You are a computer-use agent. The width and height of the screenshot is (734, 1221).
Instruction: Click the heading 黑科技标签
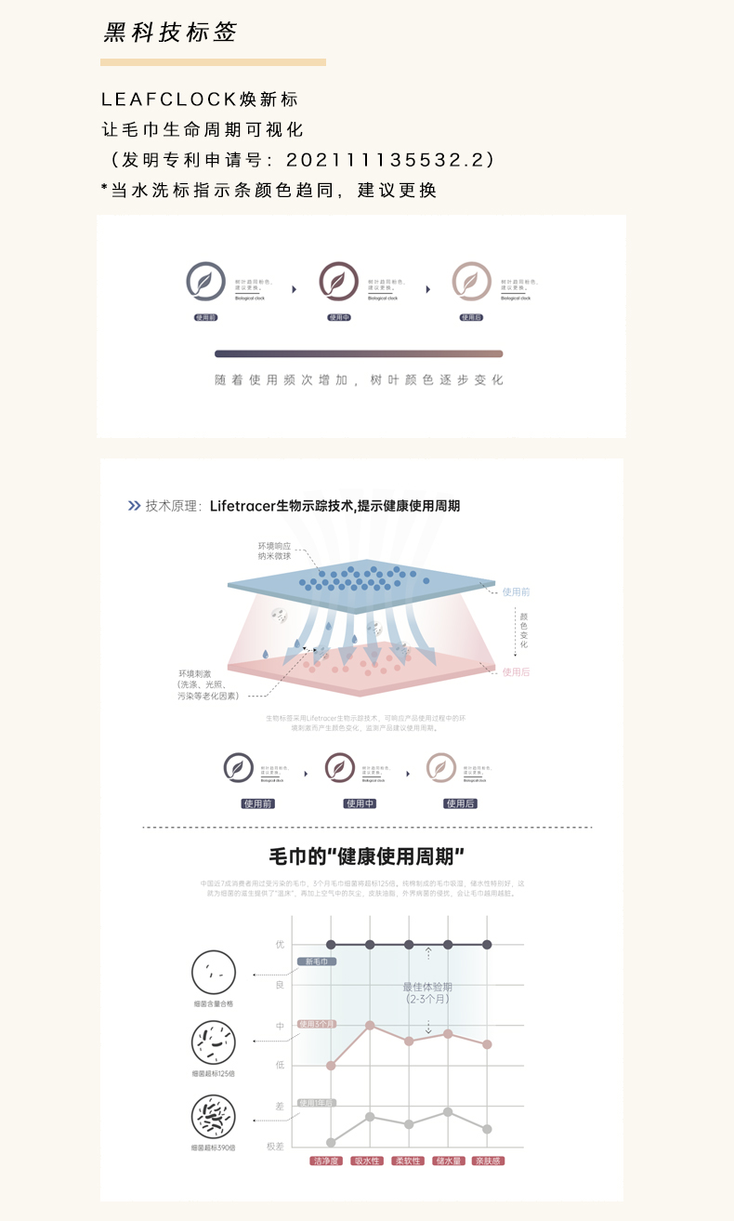click(170, 33)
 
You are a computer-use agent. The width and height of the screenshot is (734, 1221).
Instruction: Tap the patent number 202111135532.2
click(386, 159)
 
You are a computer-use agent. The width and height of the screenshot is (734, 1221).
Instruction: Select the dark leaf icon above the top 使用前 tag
click(205, 281)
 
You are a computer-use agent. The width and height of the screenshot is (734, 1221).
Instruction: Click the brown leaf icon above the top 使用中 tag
click(339, 281)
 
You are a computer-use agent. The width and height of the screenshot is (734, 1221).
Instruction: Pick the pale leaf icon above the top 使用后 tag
click(471, 281)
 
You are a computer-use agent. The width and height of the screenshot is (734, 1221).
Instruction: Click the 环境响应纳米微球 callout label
click(275, 551)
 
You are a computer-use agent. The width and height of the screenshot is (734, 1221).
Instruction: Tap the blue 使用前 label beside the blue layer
click(516, 591)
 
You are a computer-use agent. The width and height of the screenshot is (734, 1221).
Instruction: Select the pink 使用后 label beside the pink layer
click(516, 671)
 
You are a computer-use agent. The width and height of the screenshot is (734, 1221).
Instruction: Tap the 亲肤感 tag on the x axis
click(487, 1161)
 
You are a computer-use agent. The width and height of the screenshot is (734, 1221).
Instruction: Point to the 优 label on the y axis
click(280, 945)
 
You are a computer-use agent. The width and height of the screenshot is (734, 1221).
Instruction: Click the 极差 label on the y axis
click(276, 1146)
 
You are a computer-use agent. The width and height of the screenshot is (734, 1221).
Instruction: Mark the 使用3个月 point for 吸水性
click(370, 1025)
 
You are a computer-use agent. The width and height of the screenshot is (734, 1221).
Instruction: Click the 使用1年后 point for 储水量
click(448, 1111)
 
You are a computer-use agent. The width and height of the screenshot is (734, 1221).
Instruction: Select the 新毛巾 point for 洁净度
click(331, 945)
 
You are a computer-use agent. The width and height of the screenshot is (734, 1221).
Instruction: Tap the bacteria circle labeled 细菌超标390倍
click(213, 1117)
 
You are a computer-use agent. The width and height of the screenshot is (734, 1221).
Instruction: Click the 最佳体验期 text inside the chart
click(427, 987)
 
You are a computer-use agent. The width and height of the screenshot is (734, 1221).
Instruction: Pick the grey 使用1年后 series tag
click(317, 1102)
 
